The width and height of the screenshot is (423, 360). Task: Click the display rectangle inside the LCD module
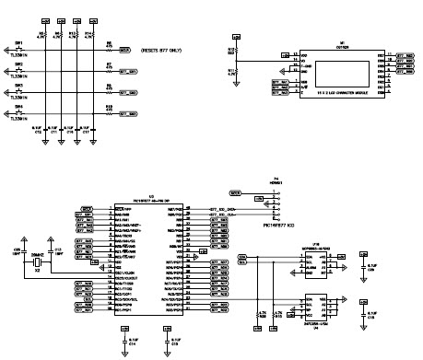tap(339, 74)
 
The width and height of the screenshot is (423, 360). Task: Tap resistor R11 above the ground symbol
tap(231, 71)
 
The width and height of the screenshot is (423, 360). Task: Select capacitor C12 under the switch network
tap(55, 131)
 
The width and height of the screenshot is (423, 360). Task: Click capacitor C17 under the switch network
tap(88, 131)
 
